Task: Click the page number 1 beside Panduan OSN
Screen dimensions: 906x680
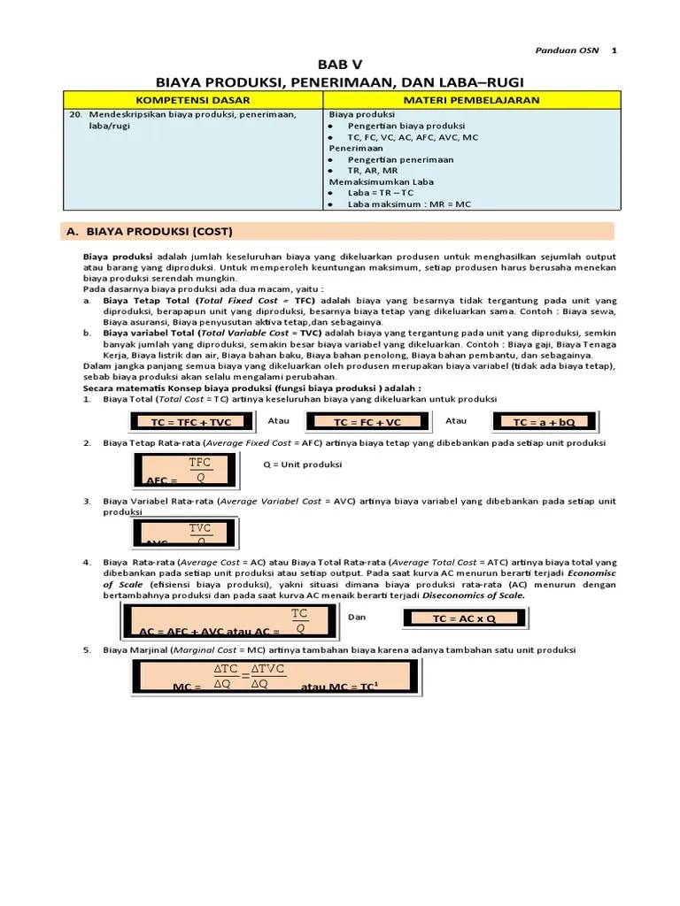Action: click(614, 50)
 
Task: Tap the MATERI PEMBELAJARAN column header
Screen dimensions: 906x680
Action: click(471, 101)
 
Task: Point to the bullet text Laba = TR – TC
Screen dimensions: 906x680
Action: click(381, 192)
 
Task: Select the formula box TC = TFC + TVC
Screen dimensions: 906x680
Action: click(191, 421)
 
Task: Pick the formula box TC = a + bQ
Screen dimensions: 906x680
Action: click(545, 421)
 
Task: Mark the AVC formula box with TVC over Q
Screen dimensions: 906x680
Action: click(189, 534)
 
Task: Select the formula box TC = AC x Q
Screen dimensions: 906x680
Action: click(465, 619)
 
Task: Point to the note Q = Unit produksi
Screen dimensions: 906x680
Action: click(303, 465)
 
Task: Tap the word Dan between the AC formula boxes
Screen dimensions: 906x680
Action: click(357, 617)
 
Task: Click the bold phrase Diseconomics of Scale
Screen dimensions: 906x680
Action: click(474, 595)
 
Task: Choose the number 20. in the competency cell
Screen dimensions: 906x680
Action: click(74, 114)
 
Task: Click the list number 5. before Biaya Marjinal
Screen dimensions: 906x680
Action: click(87, 649)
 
